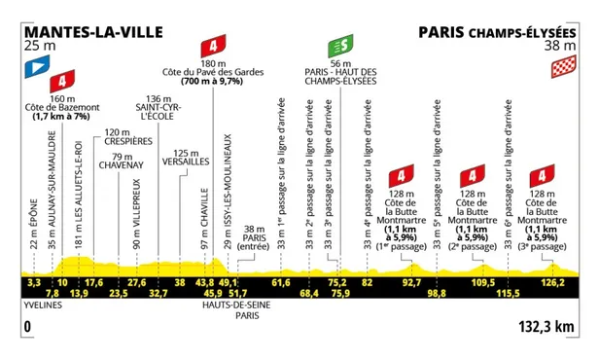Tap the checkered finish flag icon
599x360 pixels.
[562, 67]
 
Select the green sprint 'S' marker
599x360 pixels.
[340, 46]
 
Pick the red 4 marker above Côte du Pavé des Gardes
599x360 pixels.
[211, 47]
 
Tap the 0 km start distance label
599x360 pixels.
[27, 328]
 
